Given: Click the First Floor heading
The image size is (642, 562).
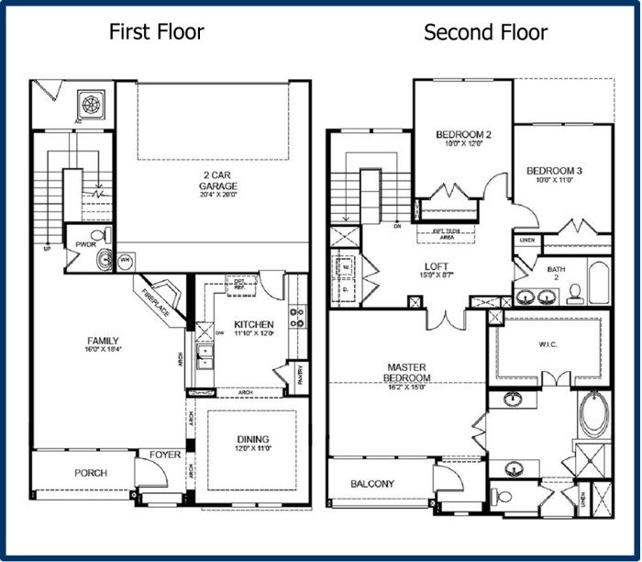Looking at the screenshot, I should pyautogui.click(x=156, y=32).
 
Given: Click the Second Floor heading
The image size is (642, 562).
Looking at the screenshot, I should pyautogui.click(x=485, y=33).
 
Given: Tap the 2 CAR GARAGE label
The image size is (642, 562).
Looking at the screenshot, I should pyautogui.click(x=218, y=182).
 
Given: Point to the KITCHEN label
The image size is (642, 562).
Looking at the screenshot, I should pyautogui.click(x=252, y=325).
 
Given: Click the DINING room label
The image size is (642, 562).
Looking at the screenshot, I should pyautogui.click(x=251, y=440).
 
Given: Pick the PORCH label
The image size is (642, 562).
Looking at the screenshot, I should pyautogui.click(x=91, y=473).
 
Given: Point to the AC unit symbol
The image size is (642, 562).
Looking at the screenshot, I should pyautogui.click(x=93, y=104).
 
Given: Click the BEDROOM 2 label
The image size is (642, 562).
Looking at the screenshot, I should pyautogui.click(x=463, y=135).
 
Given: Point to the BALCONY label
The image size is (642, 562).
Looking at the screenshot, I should pyautogui.click(x=372, y=483).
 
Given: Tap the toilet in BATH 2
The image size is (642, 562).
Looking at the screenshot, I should pyautogui.click(x=576, y=292).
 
